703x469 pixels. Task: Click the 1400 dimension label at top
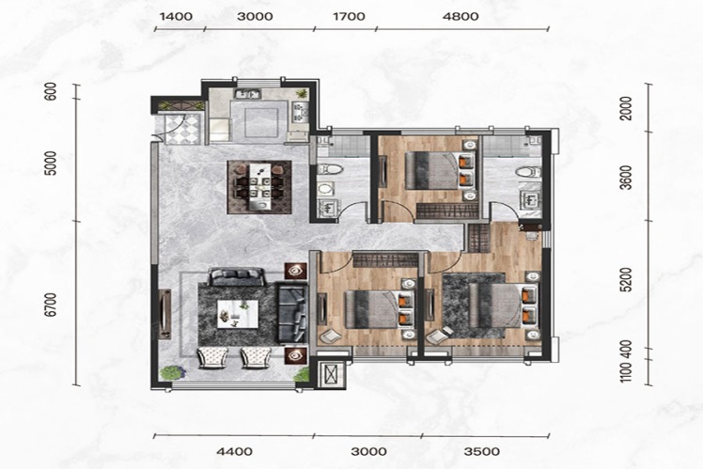[x=176, y=17]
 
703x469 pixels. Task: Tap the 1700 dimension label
[x=349, y=17]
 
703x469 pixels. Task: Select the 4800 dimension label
[x=461, y=17]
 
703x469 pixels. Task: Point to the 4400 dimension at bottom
[x=234, y=451]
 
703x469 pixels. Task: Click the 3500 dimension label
[x=482, y=451]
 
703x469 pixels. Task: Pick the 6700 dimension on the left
[x=53, y=305]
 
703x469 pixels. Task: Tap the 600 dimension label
[x=53, y=91]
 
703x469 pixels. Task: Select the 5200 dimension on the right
[x=627, y=279]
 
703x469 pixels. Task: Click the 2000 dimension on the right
[x=627, y=108]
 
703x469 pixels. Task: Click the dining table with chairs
[x=259, y=187]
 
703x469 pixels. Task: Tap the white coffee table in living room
[x=238, y=314]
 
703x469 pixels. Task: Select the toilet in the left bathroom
[x=330, y=170]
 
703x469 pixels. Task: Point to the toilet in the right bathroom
[x=527, y=172]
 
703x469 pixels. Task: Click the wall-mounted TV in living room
[x=165, y=313]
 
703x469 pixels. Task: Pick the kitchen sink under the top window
[x=248, y=94]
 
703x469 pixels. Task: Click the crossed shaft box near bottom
[x=332, y=373]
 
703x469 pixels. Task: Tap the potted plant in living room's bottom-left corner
[x=171, y=373]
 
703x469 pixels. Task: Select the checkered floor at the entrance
[x=182, y=129]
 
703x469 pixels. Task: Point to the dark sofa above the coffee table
[x=236, y=276]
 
